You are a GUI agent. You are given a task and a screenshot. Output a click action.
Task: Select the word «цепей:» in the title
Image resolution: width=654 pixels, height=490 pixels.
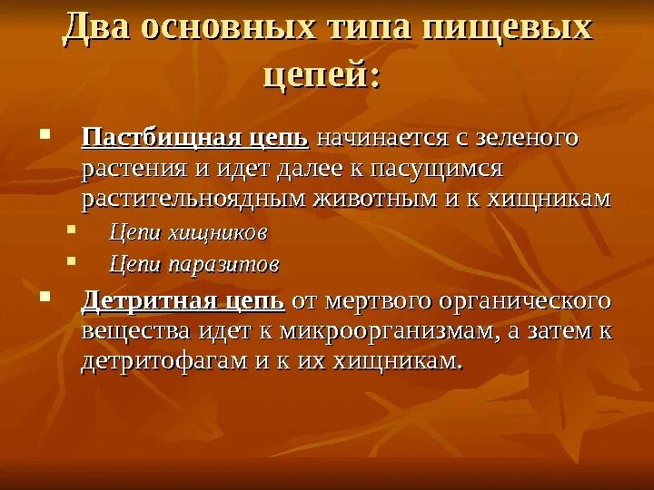322,73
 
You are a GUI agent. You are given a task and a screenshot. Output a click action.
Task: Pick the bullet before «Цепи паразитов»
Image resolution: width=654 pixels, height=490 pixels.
73,262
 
